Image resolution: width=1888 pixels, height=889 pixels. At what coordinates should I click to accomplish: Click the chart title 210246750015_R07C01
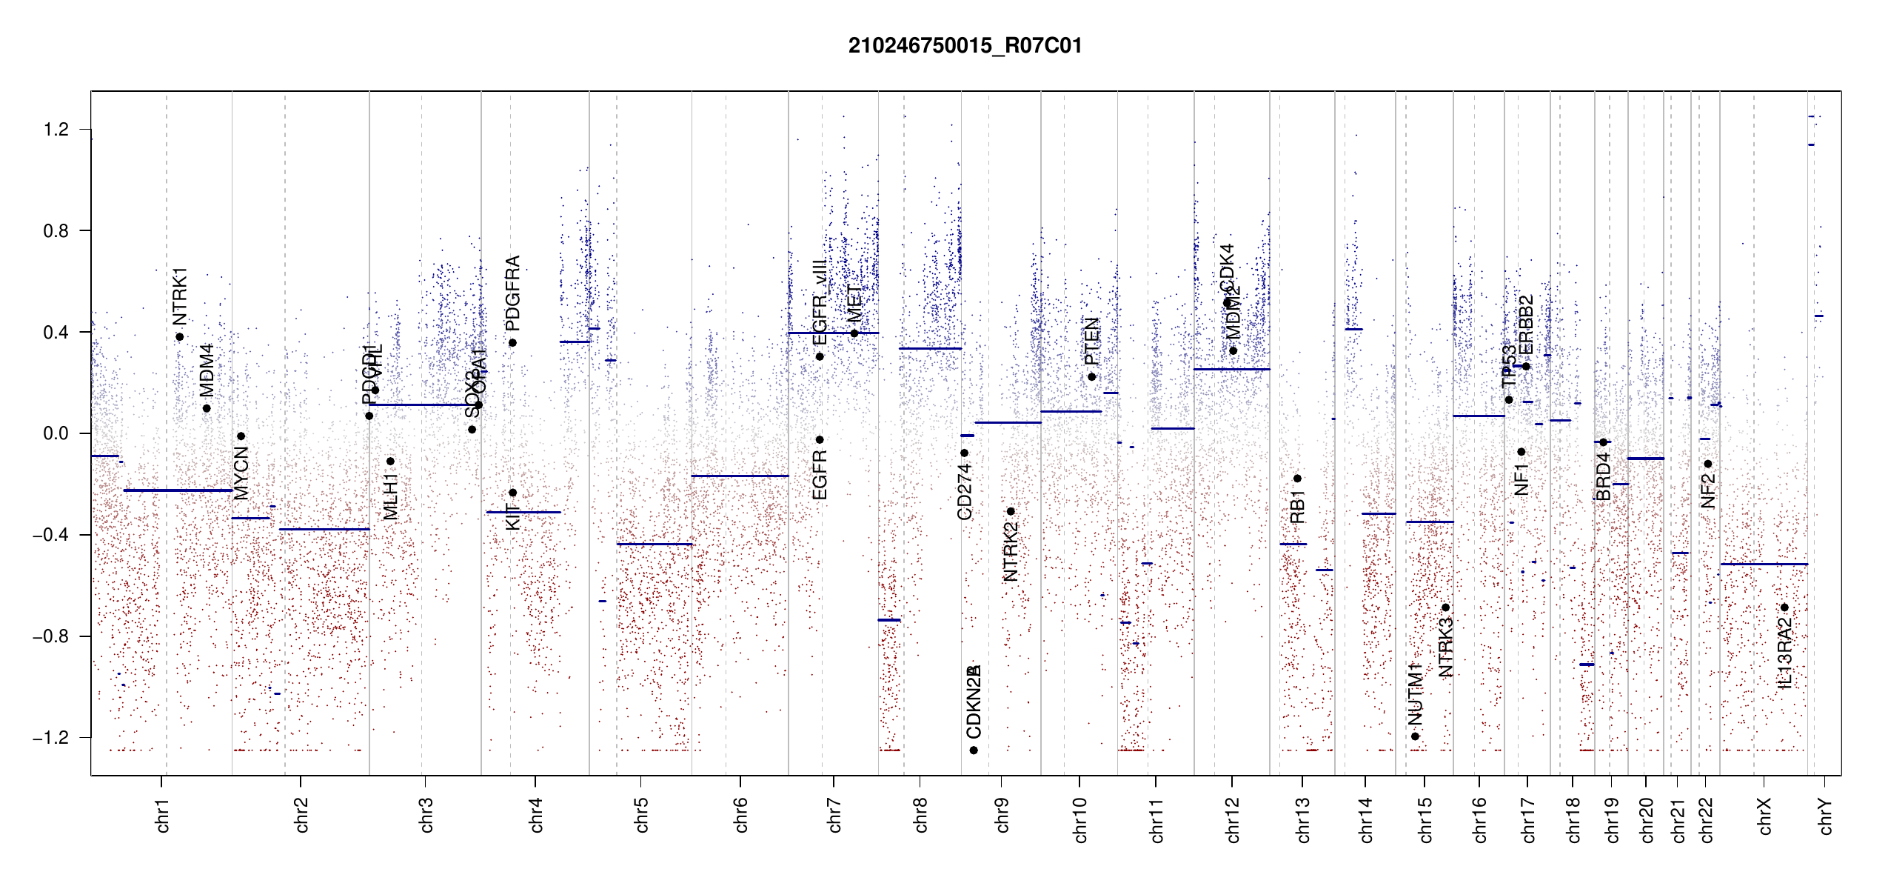(965, 46)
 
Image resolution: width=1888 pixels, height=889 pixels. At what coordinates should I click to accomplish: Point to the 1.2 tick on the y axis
(56, 130)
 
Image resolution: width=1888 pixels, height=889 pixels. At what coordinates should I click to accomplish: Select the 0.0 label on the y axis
(56, 433)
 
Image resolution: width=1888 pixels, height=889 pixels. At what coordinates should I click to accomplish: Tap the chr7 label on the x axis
(834, 815)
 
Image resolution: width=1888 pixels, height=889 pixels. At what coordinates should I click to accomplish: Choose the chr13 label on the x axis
(1303, 819)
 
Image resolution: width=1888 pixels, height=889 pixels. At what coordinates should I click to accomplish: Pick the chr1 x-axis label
(163, 815)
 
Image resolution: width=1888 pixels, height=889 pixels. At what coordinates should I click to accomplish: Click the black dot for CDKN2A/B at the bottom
(974, 750)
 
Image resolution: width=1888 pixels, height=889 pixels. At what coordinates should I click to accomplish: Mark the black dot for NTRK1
(180, 337)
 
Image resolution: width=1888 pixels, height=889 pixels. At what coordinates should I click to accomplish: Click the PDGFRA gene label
(512, 293)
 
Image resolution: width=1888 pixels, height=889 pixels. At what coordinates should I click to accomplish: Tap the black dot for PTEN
(1091, 377)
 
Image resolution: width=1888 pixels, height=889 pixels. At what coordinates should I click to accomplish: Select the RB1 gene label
(1297, 507)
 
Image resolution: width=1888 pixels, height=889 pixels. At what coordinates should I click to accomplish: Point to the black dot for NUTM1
(1415, 736)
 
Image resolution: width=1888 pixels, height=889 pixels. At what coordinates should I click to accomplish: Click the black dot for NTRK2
(1011, 511)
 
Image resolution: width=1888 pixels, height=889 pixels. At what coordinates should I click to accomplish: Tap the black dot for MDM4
(207, 408)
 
